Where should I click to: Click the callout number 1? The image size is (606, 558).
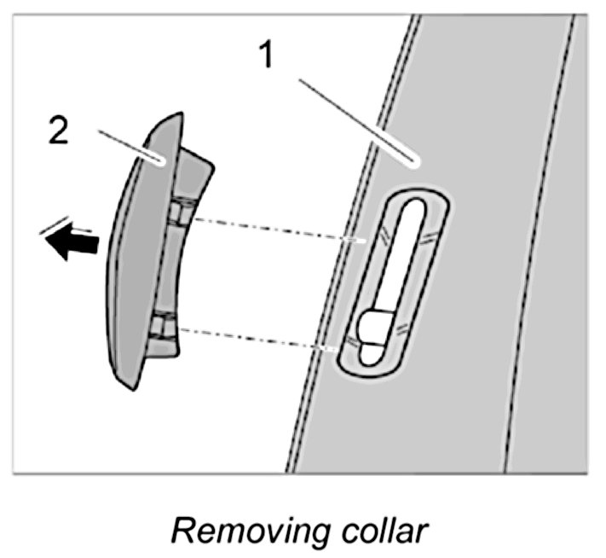[267, 56]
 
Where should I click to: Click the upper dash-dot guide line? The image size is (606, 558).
[273, 230]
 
